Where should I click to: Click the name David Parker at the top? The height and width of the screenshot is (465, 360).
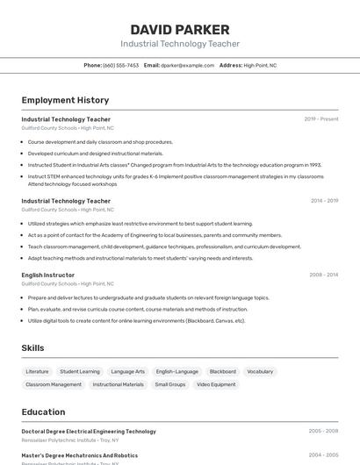pyautogui.click(x=180, y=30)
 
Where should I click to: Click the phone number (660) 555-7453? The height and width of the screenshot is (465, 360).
pyautogui.click(x=120, y=65)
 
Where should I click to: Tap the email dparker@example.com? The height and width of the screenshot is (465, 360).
pyautogui.click(x=188, y=65)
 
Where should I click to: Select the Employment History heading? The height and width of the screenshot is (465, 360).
pyautogui.click(x=65, y=100)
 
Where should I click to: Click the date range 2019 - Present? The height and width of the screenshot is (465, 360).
pyautogui.click(x=321, y=118)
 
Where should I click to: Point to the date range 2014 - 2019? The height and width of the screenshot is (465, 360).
pyautogui.click(x=324, y=200)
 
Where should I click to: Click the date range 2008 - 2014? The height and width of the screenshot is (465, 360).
pyautogui.click(x=324, y=275)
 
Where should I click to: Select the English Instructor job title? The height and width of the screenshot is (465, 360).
pyautogui.click(x=48, y=275)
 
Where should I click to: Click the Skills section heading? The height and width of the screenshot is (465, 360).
pyautogui.click(x=32, y=348)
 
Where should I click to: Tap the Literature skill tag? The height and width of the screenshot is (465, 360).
pyautogui.click(x=38, y=371)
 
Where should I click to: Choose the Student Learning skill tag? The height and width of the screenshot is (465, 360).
pyautogui.click(x=80, y=371)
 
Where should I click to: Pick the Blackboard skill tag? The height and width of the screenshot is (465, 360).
pyautogui.click(x=223, y=371)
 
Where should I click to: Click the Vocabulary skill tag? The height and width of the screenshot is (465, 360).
pyautogui.click(x=260, y=371)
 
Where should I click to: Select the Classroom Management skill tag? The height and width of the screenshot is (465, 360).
pyautogui.click(x=54, y=384)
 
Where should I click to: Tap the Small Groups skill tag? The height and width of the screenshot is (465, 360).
pyautogui.click(x=170, y=384)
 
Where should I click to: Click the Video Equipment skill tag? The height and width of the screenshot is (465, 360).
pyautogui.click(x=216, y=384)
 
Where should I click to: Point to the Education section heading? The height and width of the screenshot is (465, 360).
pyautogui.click(x=43, y=411)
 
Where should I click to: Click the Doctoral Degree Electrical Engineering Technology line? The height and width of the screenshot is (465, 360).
pyautogui.click(x=89, y=432)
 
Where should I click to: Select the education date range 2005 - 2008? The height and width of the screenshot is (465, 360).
pyautogui.click(x=324, y=432)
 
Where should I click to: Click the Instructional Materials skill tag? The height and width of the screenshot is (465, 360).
pyautogui.click(x=119, y=384)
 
